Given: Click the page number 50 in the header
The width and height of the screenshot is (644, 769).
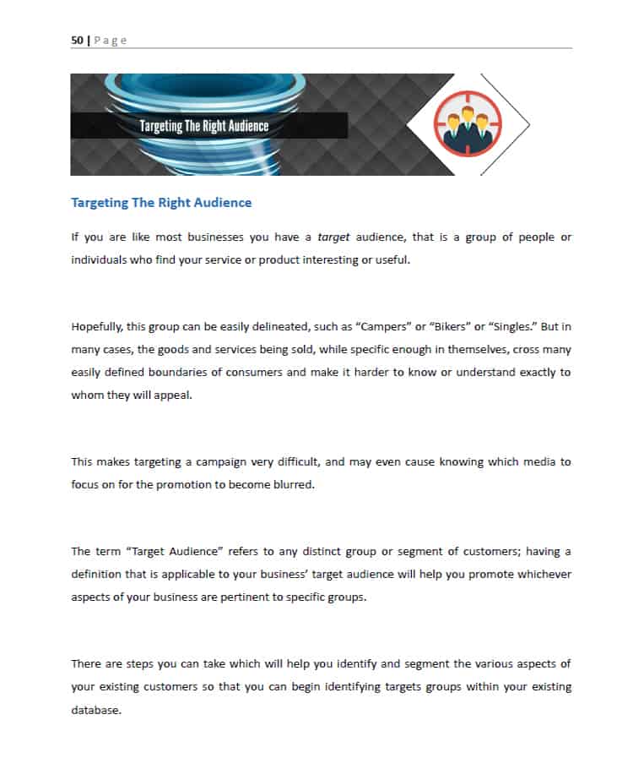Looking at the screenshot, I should pyautogui.click(x=78, y=41).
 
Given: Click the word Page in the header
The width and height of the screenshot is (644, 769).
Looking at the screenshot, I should pyautogui.click(x=110, y=41).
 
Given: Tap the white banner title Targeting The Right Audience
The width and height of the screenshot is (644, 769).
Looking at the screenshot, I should pyautogui.click(x=204, y=126).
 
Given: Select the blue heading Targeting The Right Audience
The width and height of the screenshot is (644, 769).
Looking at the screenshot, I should pyautogui.click(x=161, y=203).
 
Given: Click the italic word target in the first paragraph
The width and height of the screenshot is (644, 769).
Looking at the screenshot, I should pyautogui.click(x=333, y=237).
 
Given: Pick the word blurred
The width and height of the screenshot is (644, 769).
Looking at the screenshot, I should pyautogui.click(x=291, y=484).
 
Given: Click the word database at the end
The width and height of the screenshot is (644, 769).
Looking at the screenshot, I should pyautogui.click(x=96, y=709).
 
